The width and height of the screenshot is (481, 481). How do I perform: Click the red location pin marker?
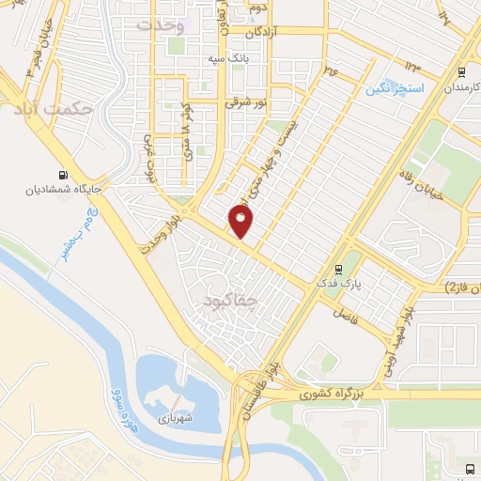(x=240, y=223)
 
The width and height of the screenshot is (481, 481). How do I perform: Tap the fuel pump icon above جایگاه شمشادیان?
(x=63, y=174)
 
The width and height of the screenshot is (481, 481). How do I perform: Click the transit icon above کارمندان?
(x=461, y=72)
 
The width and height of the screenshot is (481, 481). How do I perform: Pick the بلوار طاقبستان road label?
(x=254, y=385)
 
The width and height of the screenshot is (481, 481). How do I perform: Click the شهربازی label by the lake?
(x=175, y=417)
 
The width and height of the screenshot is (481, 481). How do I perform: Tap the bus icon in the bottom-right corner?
(x=469, y=469)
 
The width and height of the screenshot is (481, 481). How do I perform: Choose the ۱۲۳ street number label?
(x=413, y=63)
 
